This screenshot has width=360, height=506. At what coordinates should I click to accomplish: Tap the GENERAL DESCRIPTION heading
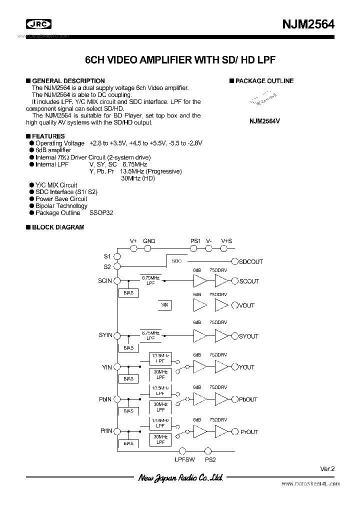coord(68,81)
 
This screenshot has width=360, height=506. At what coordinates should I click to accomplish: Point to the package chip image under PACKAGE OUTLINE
coord(263,98)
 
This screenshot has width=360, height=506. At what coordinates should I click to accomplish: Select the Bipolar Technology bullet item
coord(61,206)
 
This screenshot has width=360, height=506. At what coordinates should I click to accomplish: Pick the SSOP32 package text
coord(101,213)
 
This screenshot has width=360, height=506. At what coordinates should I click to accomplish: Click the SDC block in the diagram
coord(176,261)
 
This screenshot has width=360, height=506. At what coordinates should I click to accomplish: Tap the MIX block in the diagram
coord(164,305)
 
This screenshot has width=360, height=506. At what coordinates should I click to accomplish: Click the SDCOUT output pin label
coord(250,262)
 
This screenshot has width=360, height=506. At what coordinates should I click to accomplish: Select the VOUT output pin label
coord(246,305)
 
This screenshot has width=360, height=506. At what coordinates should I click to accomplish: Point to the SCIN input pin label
coord(105,281)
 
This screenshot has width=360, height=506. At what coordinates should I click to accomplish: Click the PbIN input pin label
coord(105,399)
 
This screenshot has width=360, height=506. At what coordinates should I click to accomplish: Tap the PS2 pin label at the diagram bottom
coord(210,459)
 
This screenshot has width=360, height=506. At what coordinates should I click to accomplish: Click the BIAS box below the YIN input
coord(128,379)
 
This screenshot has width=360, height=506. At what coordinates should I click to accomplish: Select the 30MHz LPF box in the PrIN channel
coord(160,439)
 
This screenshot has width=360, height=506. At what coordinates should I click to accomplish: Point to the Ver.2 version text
coord(326,468)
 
